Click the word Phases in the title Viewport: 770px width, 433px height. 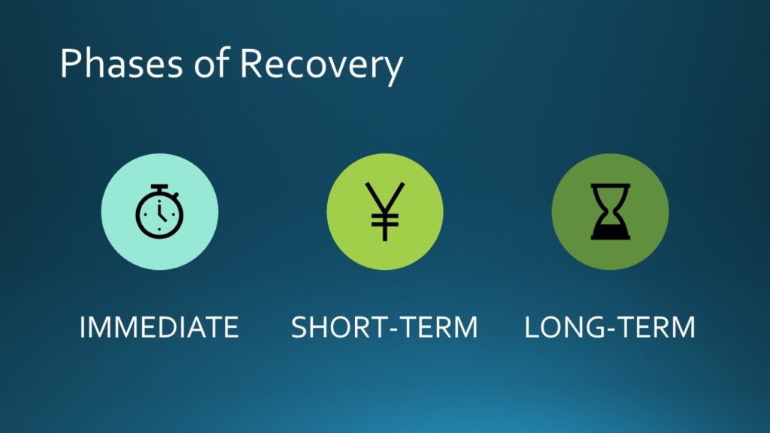(x=121, y=63)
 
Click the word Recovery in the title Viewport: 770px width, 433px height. (x=321, y=66)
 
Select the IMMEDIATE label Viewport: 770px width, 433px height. (x=159, y=327)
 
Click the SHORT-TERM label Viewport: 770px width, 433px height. (x=384, y=327)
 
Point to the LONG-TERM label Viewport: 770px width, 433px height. (x=610, y=327)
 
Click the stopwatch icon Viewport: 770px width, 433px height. (x=159, y=211)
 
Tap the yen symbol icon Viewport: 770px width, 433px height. (x=385, y=211)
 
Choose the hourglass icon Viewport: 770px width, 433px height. (x=611, y=211)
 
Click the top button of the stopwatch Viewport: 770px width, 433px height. (x=159, y=187)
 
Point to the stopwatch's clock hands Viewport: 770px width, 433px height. (x=161, y=213)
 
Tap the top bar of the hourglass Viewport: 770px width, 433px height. (x=611, y=186)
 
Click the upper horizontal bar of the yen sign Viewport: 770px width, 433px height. (x=385, y=216)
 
